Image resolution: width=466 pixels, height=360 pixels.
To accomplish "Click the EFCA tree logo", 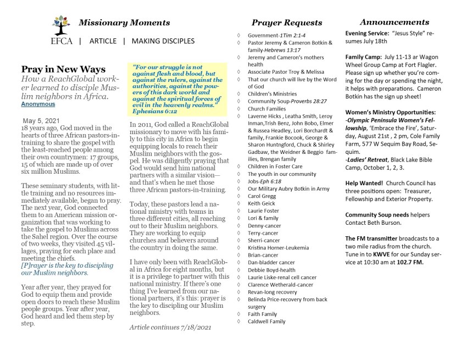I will tap(60, 25).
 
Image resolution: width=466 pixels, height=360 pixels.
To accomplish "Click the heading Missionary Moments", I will tap(124, 23).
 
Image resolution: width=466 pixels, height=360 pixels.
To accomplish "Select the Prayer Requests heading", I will tap(286, 23).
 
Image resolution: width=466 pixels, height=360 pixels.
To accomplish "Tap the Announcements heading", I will tap(394, 22).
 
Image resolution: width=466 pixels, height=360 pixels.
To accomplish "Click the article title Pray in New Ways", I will tap(63, 69).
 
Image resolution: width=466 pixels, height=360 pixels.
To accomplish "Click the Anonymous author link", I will tap(38, 103).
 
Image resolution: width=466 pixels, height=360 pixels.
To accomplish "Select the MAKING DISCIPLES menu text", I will tap(163, 41).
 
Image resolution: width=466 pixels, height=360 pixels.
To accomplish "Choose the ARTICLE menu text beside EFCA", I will tap(103, 41).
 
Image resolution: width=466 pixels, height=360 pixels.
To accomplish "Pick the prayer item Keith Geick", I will tap(262, 203).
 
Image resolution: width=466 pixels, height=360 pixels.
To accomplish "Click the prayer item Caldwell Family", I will tap(267, 322).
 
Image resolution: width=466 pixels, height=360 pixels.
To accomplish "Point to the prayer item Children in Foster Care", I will tap(275, 166).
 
